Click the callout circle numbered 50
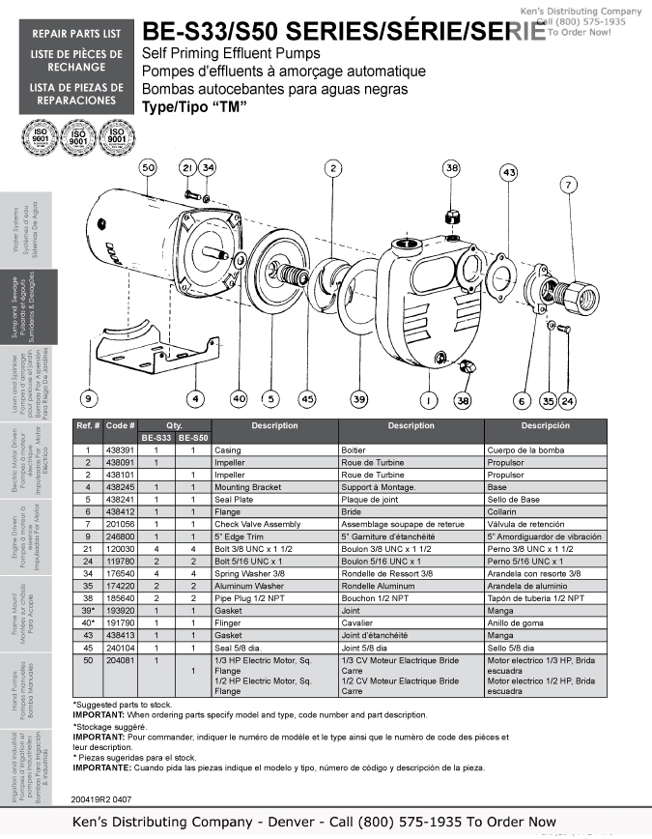pyautogui.click(x=147, y=167)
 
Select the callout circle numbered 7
pyautogui.click(x=595, y=185)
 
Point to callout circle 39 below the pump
pyautogui.click(x=359, y=398)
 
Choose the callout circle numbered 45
pyautogui.click(x=307, y=398)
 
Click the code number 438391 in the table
pyautogui.click(x=119, y=450)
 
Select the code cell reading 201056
pyautogui.click(x=119, y=523)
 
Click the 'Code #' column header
pyautogui.click(x=120, y=425)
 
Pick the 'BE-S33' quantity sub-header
pyautogui.click(x=156, y=438)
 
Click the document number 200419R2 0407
pyautogui.click(x=102, y=798)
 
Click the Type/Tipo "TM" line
pyautogui.click(x=194, y=106)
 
